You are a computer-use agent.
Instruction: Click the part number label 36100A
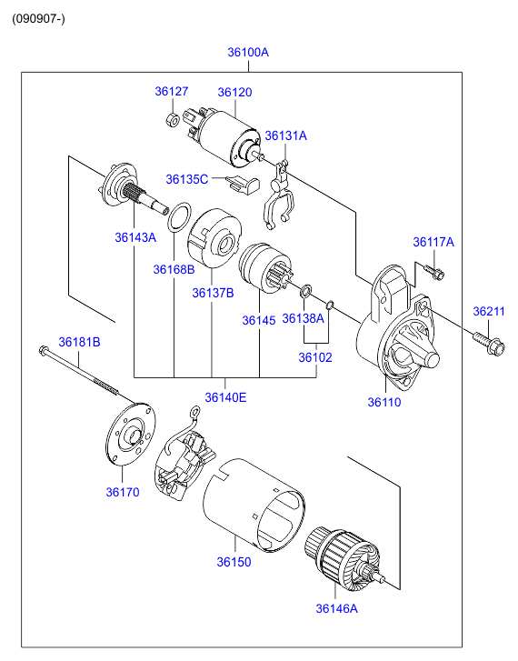point(248,52)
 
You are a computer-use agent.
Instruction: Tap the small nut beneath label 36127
point(172,119)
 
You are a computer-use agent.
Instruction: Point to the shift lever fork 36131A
point(278,195)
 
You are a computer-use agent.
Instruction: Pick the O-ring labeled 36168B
point(179,216)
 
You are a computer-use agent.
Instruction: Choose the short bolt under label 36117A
point(434,272)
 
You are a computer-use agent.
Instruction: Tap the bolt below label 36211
point(489,344)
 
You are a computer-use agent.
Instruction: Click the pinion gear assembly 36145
point(264,267)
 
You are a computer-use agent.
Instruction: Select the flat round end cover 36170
point(130,435)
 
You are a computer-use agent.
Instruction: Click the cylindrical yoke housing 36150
point(254,505)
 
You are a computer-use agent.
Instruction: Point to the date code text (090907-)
point(38,19)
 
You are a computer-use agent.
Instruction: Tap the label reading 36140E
point(225,397)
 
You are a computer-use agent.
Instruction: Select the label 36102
point(315,357)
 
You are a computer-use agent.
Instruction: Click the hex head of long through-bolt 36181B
point(43,350)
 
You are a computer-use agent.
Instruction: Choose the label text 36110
point(384,402)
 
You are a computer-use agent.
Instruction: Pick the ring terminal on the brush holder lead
point(195,412)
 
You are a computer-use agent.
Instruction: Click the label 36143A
point(135,237)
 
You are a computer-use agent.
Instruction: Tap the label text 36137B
point(213,293)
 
